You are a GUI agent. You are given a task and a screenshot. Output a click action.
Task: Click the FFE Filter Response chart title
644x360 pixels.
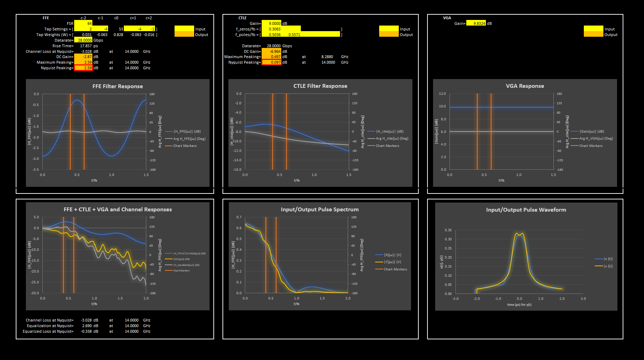point(118,86)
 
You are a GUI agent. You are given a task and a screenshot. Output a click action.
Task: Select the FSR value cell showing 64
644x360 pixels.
point(84,23)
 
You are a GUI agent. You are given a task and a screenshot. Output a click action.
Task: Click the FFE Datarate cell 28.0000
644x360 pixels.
point(84,40)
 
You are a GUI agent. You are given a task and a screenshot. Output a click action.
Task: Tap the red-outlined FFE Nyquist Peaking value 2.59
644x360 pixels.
point(84,68)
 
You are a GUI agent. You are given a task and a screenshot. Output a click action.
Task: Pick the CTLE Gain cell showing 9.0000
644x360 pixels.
point(271,23)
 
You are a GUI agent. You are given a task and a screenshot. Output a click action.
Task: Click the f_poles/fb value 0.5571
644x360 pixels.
point(294,35)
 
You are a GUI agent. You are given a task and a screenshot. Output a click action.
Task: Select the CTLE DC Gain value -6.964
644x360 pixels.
point(271,51)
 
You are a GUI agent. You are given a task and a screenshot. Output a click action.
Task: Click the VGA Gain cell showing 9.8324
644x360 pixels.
point(476,23)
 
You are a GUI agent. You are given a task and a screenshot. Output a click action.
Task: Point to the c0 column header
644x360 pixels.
point(116,18)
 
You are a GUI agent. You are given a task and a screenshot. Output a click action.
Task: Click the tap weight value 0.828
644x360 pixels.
point(118,35)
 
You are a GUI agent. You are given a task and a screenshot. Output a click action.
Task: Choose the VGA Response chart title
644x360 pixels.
point(525,86)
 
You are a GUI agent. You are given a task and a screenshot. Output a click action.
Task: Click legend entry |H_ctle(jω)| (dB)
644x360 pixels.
point(390,132)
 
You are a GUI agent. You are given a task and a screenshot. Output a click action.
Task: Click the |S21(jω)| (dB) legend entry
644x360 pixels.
point(182,259)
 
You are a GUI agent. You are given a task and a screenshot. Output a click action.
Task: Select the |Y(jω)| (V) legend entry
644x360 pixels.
point(392,262)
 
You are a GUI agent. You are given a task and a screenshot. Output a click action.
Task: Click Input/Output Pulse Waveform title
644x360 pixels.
point(526,210)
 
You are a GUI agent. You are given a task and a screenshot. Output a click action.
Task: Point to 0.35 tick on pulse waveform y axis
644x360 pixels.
point(448,230)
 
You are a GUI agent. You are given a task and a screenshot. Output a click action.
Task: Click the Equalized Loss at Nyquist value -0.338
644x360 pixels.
point(86,331)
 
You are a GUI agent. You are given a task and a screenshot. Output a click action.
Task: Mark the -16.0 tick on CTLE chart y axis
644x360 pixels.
point(237,170)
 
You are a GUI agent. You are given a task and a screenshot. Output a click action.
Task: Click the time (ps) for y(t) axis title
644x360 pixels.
point(519,305)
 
